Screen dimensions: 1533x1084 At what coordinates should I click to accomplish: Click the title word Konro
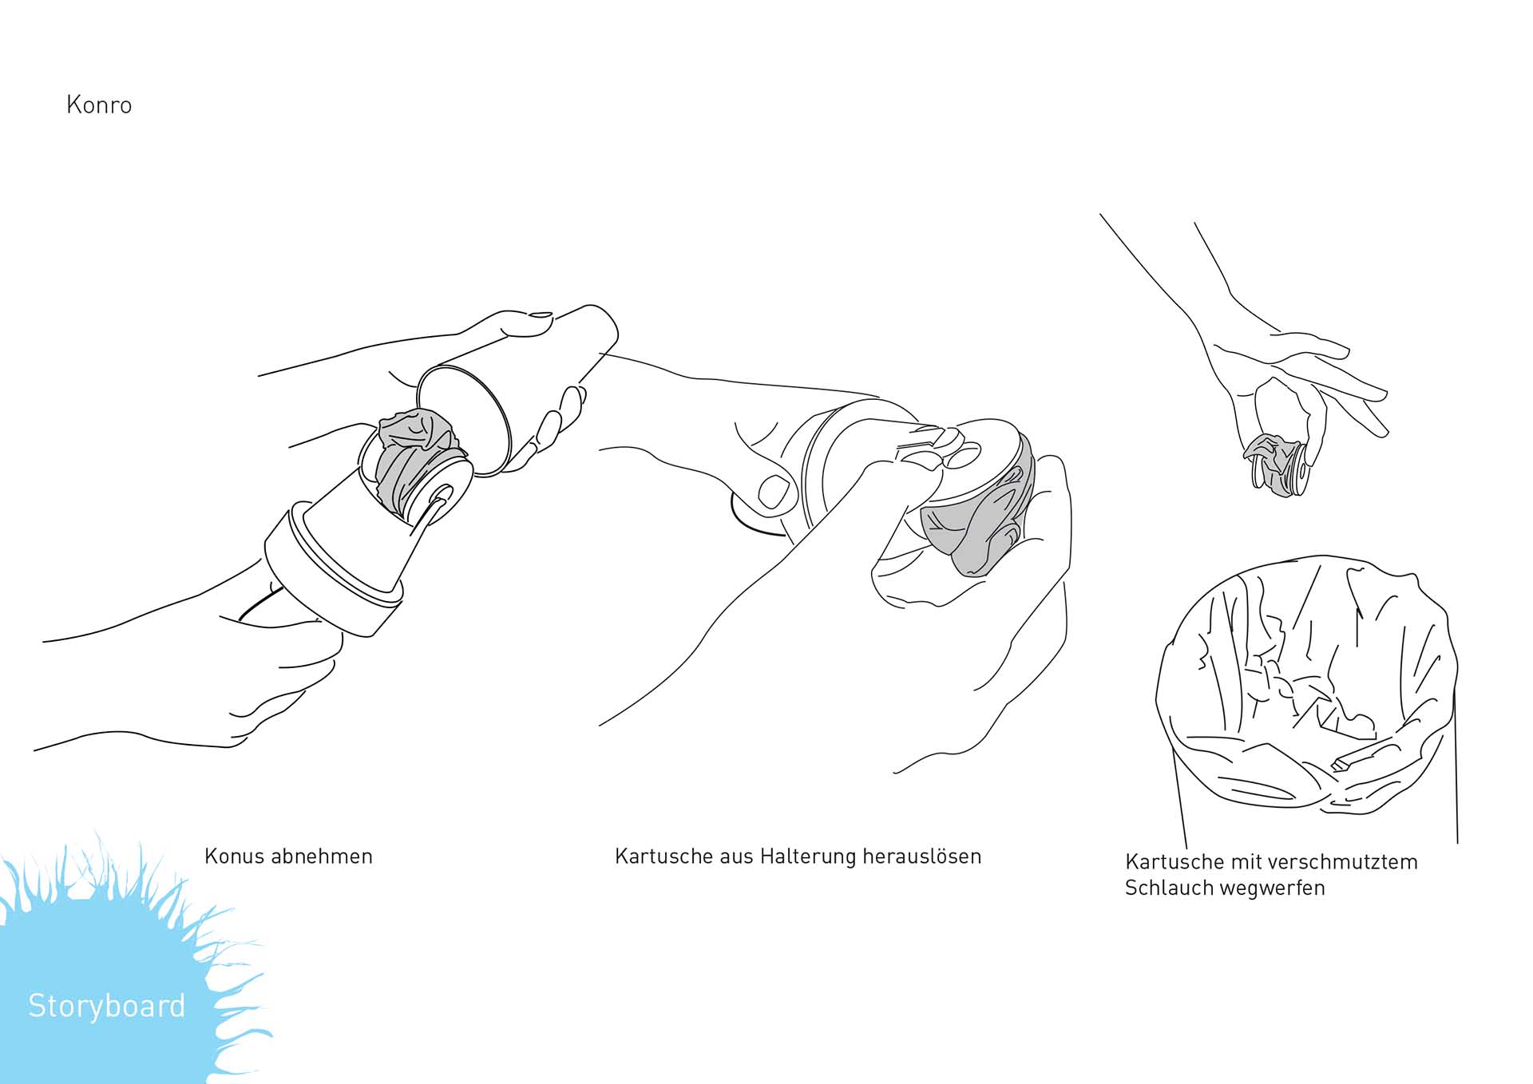point(99,105)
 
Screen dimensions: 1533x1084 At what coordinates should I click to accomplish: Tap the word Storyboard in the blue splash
point(107,1006)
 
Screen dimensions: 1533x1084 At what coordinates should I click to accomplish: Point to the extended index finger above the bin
point(1329,375)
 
